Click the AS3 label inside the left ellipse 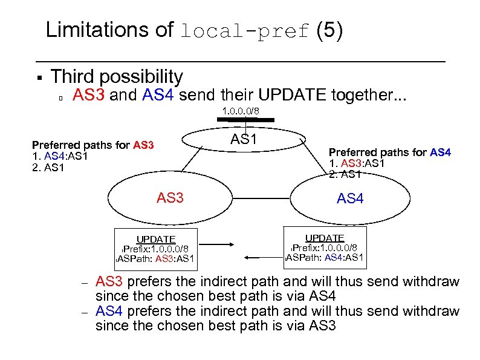[x=170, y=197]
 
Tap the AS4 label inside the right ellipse [x=351, y=198]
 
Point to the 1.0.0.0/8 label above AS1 [x=241, y=111]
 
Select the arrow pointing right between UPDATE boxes [x=229, y=246]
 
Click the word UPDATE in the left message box [x=155, y=239]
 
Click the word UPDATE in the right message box [x=325, y=238]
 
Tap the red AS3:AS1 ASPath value [x=175, y=260]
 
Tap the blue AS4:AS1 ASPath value [x=344, y=258]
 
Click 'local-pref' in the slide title [x=245, y=31]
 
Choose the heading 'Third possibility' [x=116, y=76]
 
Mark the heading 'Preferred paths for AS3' [x=93, y=145]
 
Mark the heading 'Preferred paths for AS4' [x=389, y=152]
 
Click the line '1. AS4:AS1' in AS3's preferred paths [x=60, y=155]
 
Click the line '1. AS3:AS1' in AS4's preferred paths [x=357, y=163]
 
